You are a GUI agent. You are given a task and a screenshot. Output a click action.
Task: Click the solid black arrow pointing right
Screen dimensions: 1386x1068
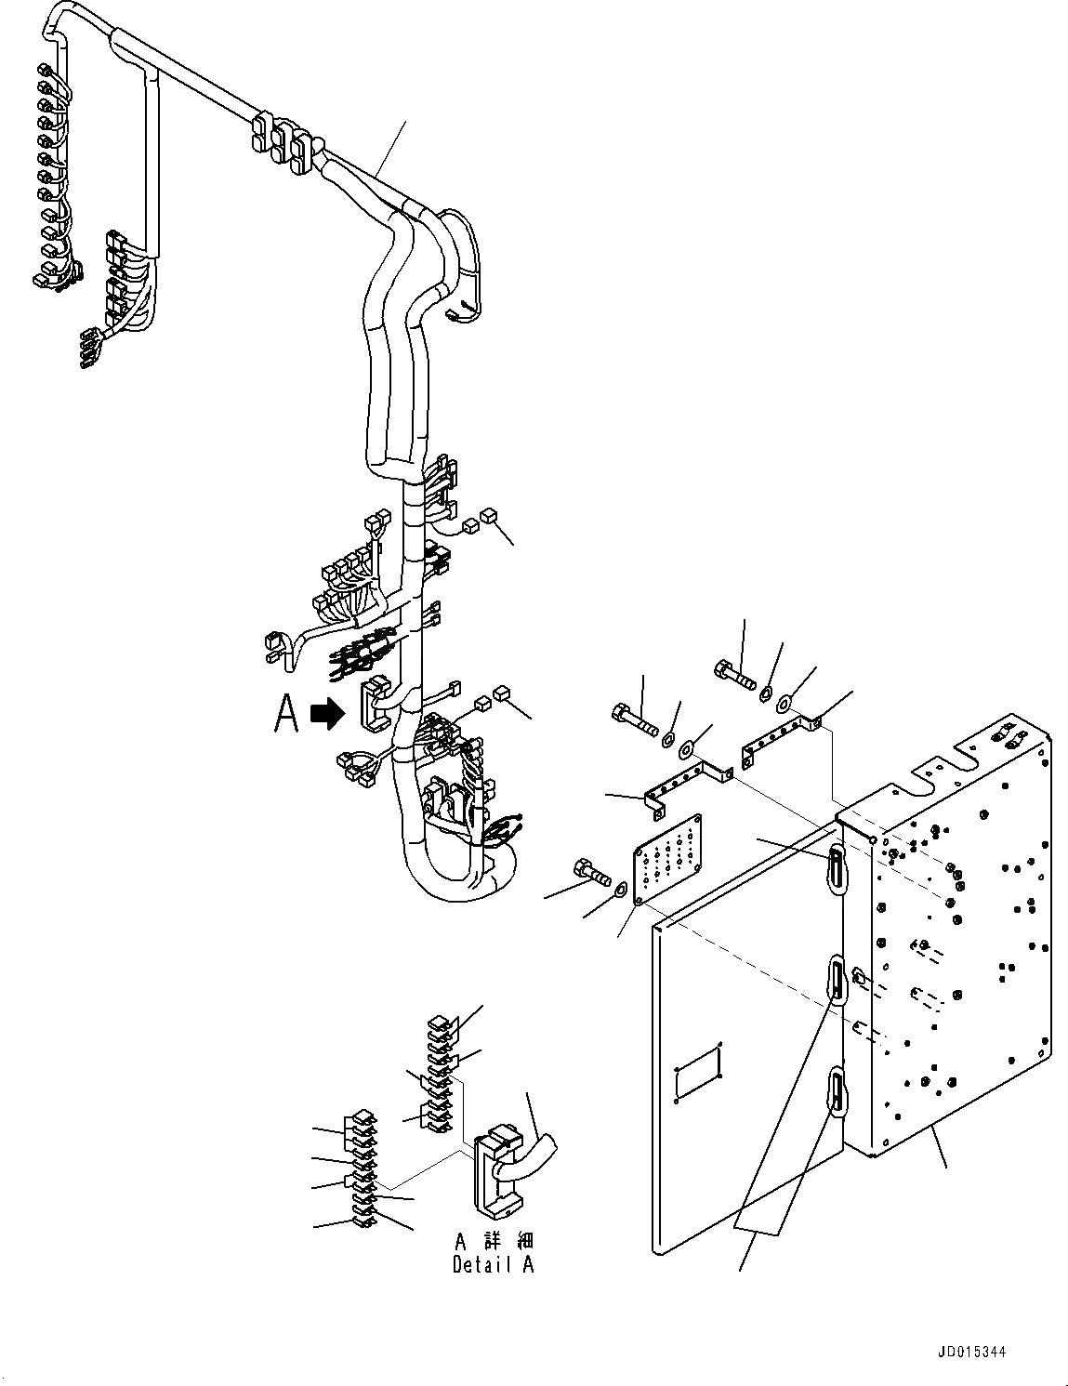[x=326, y=714]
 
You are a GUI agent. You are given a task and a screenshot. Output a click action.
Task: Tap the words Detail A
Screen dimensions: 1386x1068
[x=493, y=1264]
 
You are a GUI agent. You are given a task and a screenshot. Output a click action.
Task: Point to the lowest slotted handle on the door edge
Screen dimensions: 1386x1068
[x=837, y=1090]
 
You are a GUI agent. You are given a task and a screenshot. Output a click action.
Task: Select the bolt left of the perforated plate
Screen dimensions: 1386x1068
[x=587, y=872]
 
